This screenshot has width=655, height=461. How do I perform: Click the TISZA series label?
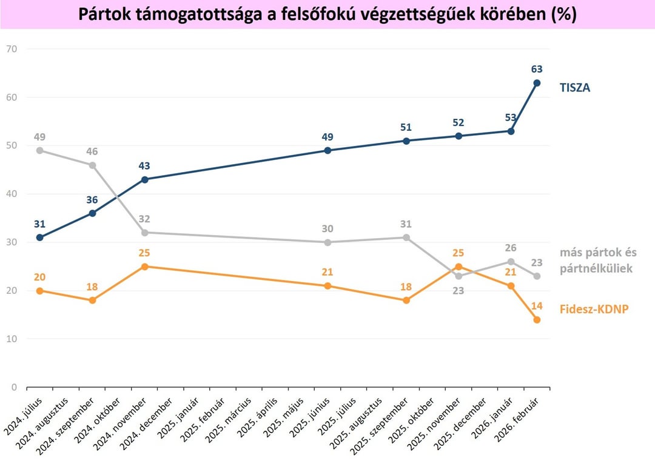pyautogui.click(x=574, y=88)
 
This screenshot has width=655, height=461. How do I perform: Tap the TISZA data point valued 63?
pyautogui.click(x=537, y=83)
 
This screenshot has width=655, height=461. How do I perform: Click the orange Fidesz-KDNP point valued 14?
pyautogui.click(x=537, y=320)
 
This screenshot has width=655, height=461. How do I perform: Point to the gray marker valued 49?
pyautogui.click(x=40, y=151)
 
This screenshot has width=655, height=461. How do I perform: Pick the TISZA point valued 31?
pyautogui.click(x=40, y=237)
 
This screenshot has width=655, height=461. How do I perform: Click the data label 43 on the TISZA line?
pyautogui.click(x=144, y=165)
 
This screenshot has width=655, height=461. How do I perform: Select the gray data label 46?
pyautogui.click(x=92, y=151)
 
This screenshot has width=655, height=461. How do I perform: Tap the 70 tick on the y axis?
pyautogui.click(x=12, y=49)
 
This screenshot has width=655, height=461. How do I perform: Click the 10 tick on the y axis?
pyautogui.click(x=12, y=339)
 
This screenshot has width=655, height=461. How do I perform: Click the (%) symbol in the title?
pyautogui.click(x=563, y=15)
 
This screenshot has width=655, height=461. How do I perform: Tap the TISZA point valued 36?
pyautogui.click(x=92, y=213)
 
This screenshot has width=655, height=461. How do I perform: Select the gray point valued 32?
pyautogui.click(x=144, y=233)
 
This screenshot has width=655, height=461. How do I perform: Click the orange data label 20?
pyautogui.click(x=40, y=277)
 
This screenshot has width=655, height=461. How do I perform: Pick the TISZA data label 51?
pyautogui.click(x=406, y=127)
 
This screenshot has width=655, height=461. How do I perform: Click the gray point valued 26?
pyautogui.click(x=511, y=262)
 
